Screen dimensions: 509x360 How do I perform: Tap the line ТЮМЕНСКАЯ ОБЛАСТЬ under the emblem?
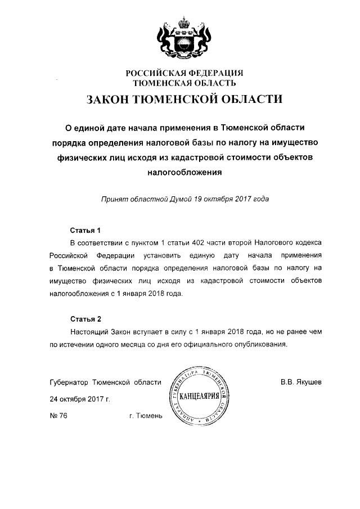point(183,83)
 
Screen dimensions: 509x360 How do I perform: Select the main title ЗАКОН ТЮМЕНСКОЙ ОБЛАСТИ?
point(183,101)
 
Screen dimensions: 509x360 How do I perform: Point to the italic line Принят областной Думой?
point(184,199)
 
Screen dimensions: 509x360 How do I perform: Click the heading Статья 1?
point(84,230)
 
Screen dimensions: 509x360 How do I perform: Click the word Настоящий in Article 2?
point(89,332)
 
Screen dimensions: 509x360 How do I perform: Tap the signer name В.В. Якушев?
point(301,382)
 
